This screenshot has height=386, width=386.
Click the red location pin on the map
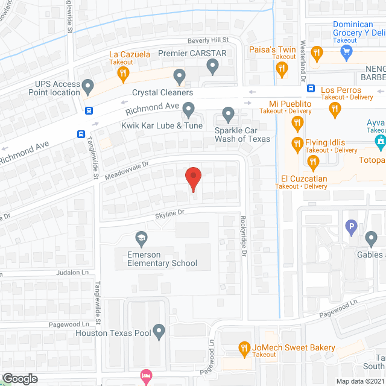tap(193, 178)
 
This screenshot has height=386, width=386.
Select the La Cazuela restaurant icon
tap(123, 74)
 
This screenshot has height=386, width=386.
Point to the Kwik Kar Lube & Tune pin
tap(189, 110)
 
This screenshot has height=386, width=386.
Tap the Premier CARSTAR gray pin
tap(212, 65)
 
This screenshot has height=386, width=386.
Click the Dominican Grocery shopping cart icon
tap(346, 52)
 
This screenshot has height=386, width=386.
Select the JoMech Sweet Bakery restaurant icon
tap(244, 348)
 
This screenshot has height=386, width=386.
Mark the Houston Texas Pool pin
tap(159, 331)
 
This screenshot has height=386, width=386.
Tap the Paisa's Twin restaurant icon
tap(281, 70)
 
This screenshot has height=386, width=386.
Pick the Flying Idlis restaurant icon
tap(297, 144)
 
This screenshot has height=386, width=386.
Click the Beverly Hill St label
tap(208, 40)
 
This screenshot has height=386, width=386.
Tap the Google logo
tap(19, 378)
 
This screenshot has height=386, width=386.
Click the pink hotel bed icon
tap(145, 378)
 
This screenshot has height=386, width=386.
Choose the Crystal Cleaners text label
tap(163, 93)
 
